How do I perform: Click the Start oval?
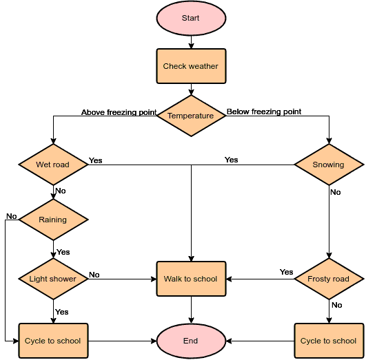tap(191, 19)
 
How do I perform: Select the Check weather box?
tap(191, 66)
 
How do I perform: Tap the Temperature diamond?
tap(191, 116)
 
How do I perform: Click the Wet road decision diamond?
tap(53, 165)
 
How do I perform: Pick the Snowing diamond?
tap(329, 165)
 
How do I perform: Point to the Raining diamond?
tap(53, 220)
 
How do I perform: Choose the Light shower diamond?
tap(53, 279)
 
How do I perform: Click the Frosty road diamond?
tap(329, 279)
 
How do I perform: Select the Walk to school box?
tap(191, 279)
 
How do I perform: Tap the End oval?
tap(191, 341)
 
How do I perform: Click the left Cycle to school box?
tap(53, 341)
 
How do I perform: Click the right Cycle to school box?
tap(329, 341)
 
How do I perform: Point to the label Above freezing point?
tap(119, 112)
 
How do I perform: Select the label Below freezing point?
tap(264, 112)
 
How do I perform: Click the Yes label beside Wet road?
tap(96, 160)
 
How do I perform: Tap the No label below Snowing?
tap(336, 192)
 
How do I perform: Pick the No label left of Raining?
tap(12, 216)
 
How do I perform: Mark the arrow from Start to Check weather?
tap(191, 43)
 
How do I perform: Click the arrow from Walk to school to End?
tap(191, 310)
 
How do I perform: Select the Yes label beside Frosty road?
tap(286, 272)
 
